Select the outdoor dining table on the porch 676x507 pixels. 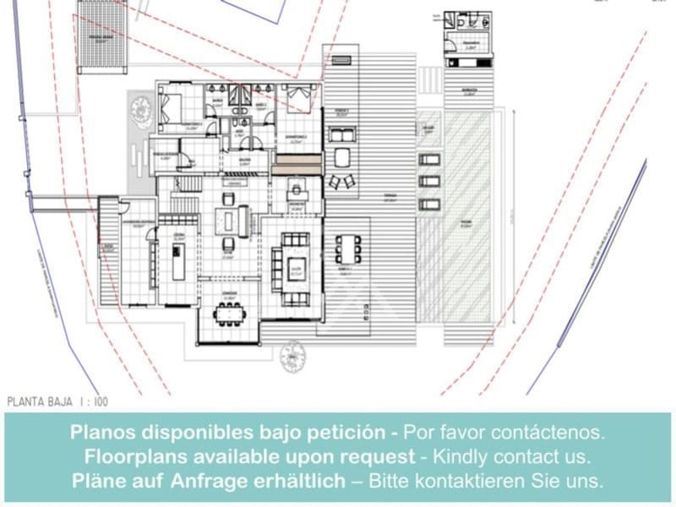pos(347,249)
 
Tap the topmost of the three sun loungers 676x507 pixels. pos(428,160)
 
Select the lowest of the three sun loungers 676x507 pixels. pos(428,204)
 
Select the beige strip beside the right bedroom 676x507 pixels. pos(296,163)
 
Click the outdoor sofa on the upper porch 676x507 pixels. pos(342,134)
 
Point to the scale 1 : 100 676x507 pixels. pos(91,403)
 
